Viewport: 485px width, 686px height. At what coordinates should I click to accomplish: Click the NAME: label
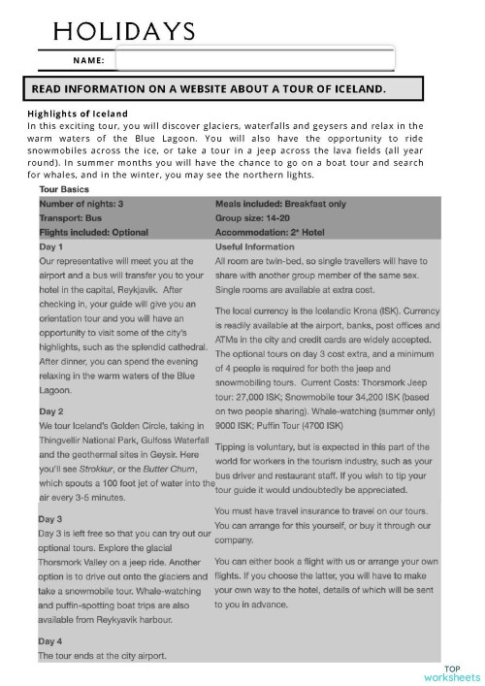tap(88, 60)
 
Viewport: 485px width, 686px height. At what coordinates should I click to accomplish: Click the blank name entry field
tap(254, 60)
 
